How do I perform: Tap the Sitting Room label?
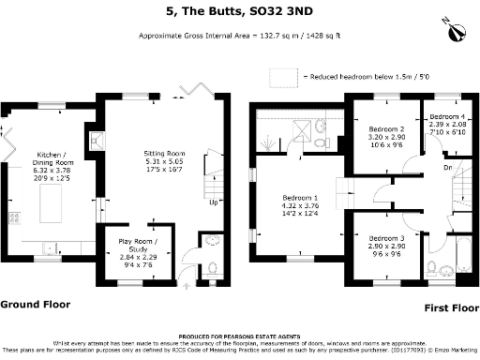[161, 160]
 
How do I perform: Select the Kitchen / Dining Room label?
[52, 165]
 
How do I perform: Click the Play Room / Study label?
[136, 250]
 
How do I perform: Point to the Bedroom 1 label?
[301, 206]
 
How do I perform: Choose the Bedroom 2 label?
[386, 137]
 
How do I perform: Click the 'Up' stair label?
[214, 202]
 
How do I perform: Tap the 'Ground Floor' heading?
[35, 305]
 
